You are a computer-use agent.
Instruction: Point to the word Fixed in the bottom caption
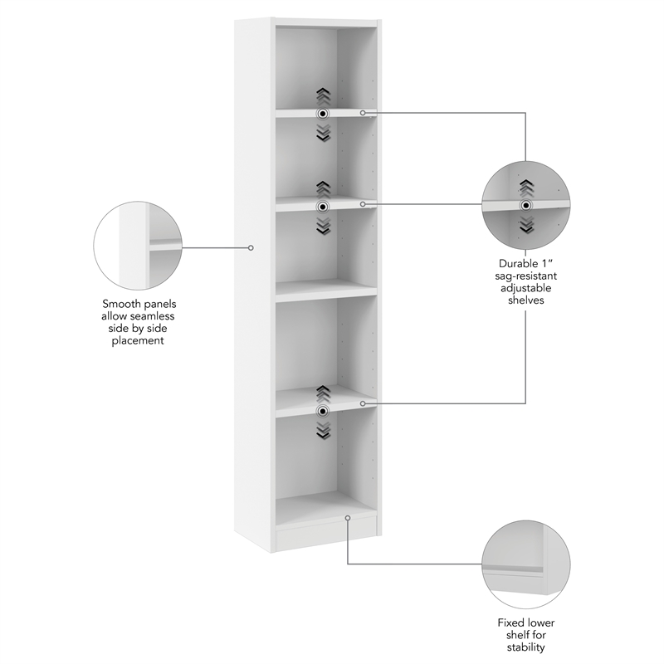(x=510, y=623)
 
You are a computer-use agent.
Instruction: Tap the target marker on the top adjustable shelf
(x=323, y=113)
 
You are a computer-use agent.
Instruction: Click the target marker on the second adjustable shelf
(x=323, y=205)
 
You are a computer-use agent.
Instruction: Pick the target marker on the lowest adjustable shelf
(x=323, y=410)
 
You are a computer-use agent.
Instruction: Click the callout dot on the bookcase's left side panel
(x=251, y=247)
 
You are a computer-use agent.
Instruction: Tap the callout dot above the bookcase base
(x=348, y=518)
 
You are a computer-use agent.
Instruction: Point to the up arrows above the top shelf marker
(x=323, y=95)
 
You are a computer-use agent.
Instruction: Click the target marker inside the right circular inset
(x=525, y=205)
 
